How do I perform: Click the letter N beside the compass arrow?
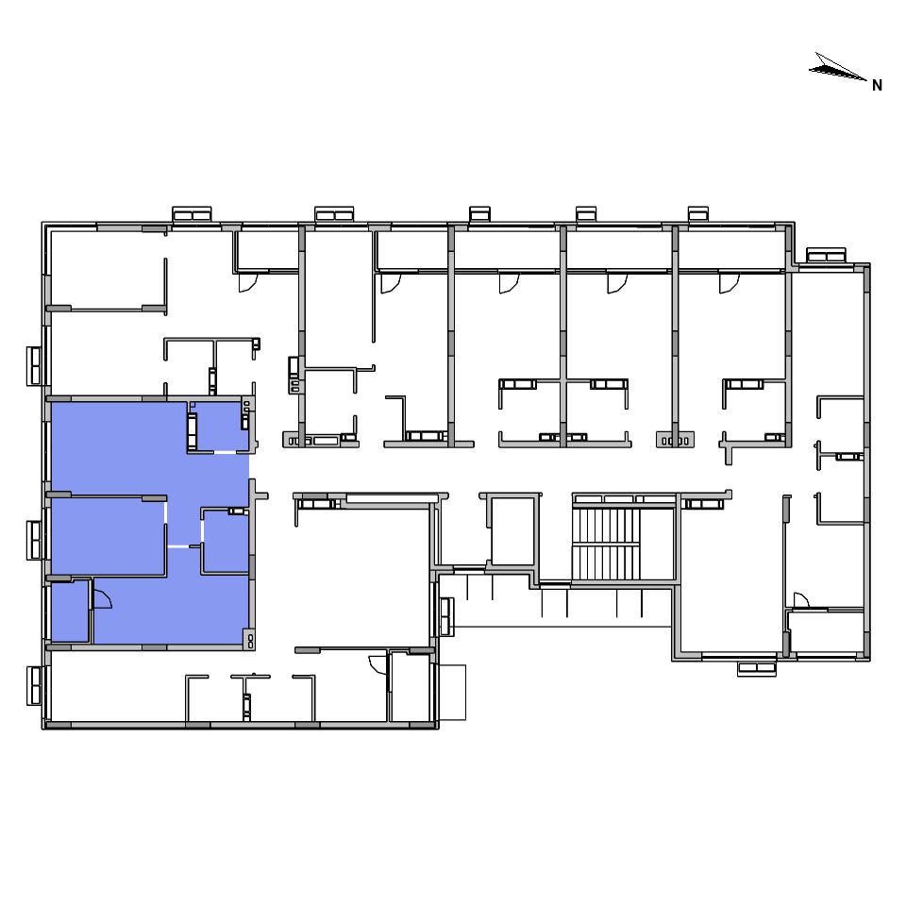point(877,86)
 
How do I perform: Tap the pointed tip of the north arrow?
point(867,80)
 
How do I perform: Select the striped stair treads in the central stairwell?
point(606,544)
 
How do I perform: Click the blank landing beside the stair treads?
point(657,544)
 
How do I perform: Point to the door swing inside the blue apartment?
point(102,598)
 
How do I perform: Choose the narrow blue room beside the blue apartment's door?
point(70,612)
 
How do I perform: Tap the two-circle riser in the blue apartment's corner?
point(251,640)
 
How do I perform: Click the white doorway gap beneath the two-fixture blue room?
point(225,452)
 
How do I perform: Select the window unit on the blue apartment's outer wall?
point(34,540)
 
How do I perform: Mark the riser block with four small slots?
point(675,441)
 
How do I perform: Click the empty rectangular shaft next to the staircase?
point(512,531)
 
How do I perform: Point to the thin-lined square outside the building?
point(452,692)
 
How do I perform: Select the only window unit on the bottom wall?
point(756,668)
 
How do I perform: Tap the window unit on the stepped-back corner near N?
point(827,255)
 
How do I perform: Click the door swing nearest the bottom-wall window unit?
point(801,600)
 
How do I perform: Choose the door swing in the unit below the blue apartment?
point(377,664)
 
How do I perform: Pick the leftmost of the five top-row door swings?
point(248,283)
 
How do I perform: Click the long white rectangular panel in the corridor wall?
point(393,498)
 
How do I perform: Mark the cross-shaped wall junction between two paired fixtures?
point(563,380)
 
